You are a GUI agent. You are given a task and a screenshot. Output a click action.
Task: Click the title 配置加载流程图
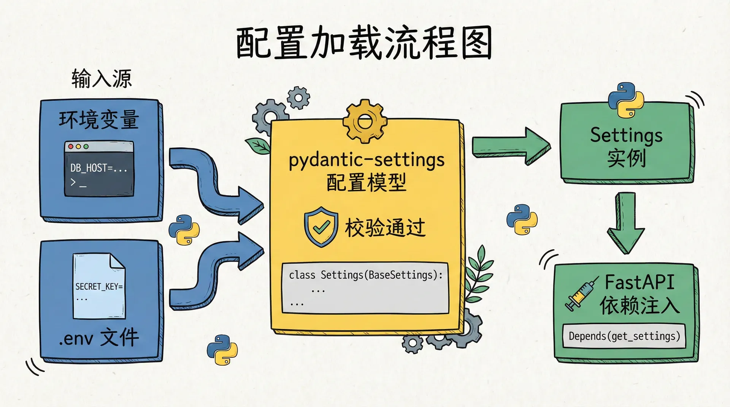point(364,43)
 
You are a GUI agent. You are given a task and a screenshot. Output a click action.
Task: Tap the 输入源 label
point(102,79)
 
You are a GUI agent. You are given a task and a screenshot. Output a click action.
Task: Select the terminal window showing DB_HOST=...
point(99,169)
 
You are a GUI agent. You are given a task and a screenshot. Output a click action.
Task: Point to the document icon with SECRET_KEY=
point(99,287)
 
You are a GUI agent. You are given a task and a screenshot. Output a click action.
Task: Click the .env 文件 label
point(99,337)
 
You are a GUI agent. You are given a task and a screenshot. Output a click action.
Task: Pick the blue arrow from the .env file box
point(213,270)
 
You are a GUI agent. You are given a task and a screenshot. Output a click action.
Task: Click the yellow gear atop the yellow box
point(365,121)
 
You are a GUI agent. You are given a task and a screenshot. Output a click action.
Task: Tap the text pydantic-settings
point(367,159)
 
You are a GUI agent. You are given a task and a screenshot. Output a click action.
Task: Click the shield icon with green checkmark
point(321,227)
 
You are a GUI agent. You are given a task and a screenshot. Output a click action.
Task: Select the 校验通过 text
point(385,228)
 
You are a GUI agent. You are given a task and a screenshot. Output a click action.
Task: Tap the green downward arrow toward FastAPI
point(625,222)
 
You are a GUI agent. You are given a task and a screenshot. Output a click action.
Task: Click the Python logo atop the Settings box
point(625,100)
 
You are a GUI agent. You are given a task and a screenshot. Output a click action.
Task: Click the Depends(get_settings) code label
point(624,336)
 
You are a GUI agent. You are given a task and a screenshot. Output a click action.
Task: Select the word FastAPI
point(640,282)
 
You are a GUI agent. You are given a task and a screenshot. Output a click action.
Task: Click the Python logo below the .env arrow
point(222,350)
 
